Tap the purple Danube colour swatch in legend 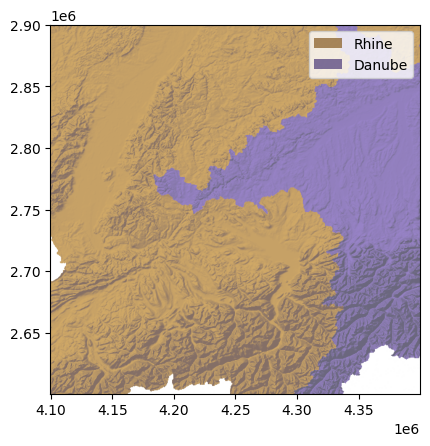tap(327, 64)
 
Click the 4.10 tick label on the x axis tap(51, 410)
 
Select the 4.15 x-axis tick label tap(112, 410)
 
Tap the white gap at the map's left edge tap(56, 262)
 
